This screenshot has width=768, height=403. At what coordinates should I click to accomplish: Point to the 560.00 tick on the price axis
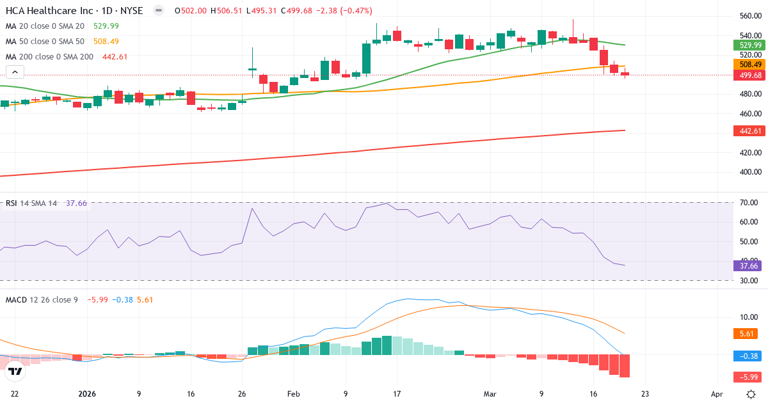[x=749, y=16]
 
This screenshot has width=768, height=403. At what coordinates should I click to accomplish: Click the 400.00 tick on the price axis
[x=749, y=172]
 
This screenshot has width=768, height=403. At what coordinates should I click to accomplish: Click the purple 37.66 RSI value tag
[x=748, y=265]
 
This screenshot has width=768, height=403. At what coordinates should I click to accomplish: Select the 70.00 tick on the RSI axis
[x=748, y=203]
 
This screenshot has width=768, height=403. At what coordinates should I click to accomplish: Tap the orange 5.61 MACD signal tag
[x=746, y=333]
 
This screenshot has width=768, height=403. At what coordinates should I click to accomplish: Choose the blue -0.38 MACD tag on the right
[x=748, y=356]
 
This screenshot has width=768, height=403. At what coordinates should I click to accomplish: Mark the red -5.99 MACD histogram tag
[x=748, y=377]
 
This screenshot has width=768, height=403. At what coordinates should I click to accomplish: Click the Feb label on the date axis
[x=293, y=394]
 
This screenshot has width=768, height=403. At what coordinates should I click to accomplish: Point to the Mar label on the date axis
[x=490, y=394]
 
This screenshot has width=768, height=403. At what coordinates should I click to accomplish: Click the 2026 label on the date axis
[x=86, y=394]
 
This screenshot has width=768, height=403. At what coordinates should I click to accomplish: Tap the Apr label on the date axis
[x=717, y=394]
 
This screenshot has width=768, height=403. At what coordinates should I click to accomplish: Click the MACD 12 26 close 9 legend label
[x=42, y=299]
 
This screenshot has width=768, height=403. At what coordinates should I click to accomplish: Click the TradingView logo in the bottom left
[x=15, y=370]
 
